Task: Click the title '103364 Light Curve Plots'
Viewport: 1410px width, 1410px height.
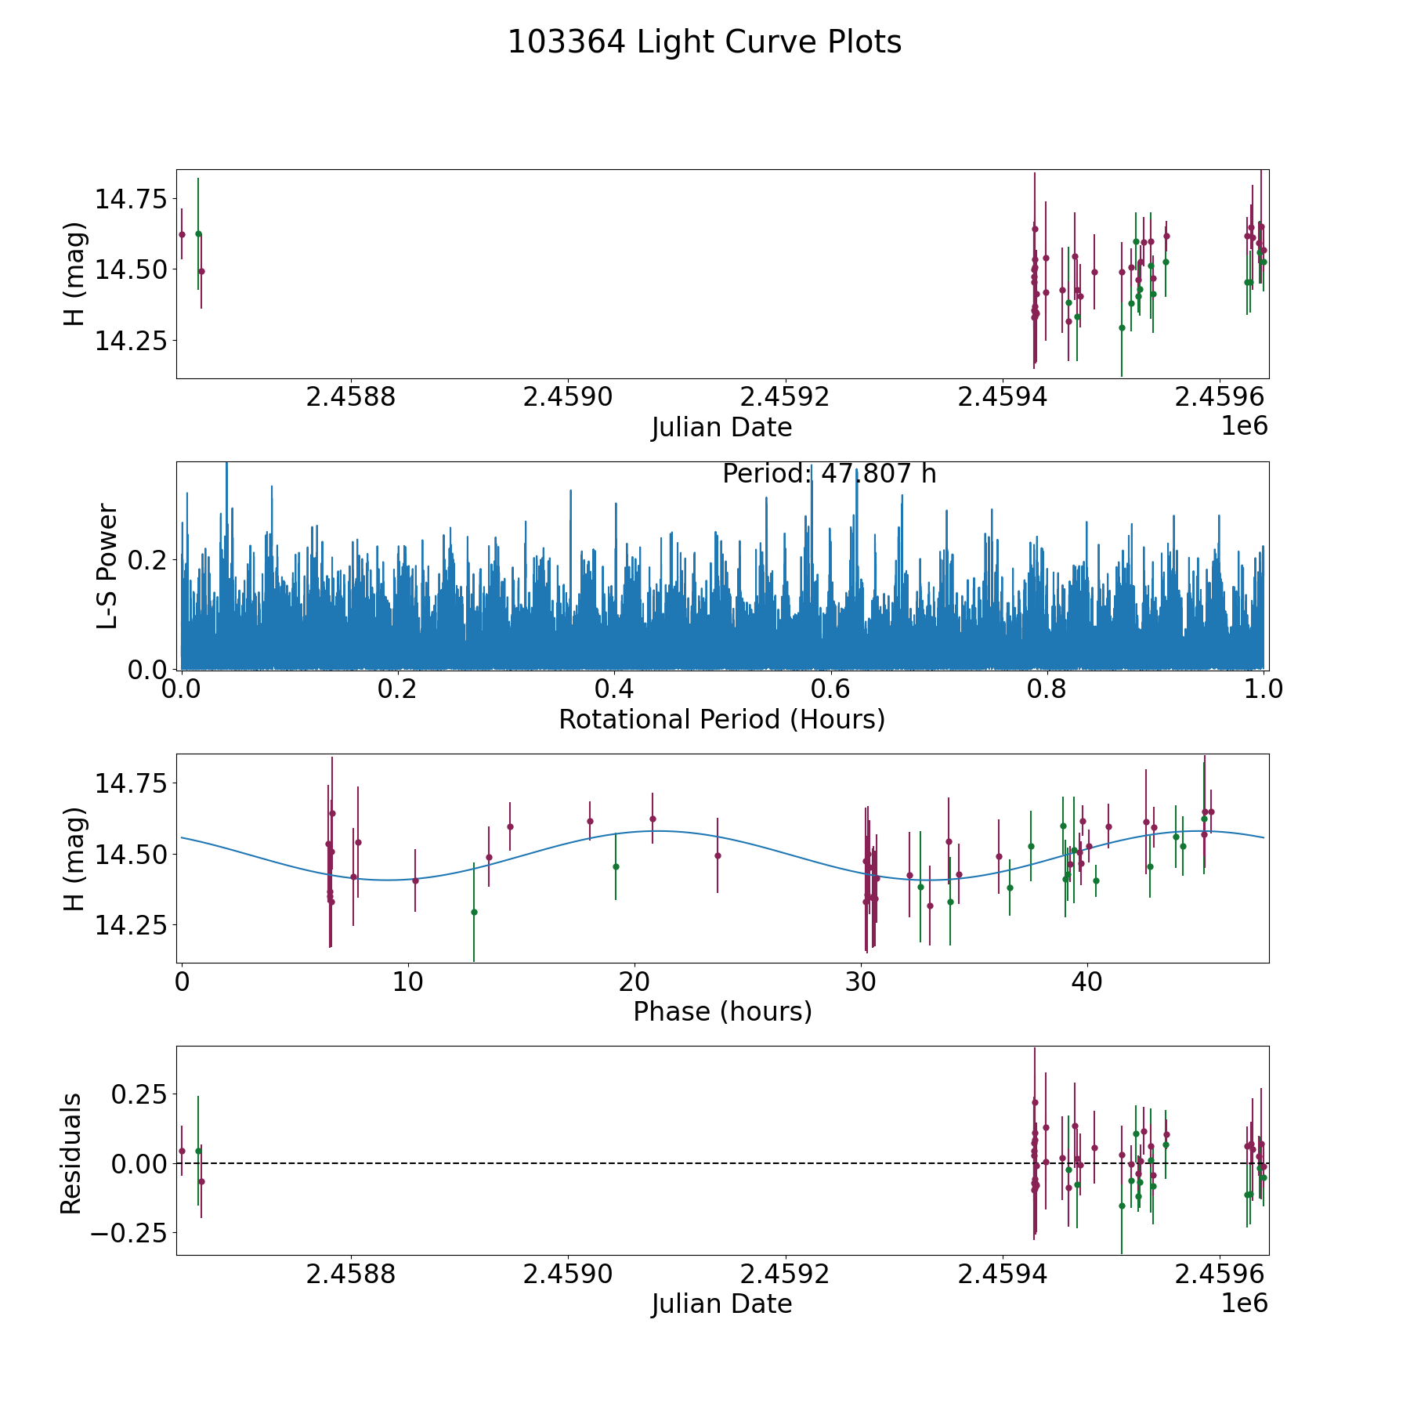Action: (x=704, y=42)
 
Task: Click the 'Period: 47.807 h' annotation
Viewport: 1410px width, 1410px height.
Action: (x=829, y=474)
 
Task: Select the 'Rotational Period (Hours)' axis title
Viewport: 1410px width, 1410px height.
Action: (x=721, y=719)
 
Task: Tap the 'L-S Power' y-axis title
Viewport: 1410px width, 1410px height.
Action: (x=107, y=566)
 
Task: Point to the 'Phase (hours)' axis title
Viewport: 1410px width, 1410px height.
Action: (x=722, y=1011)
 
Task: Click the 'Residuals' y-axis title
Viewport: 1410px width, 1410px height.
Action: (x=71, y=1154)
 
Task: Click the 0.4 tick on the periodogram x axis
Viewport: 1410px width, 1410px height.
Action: (x=614, y=689)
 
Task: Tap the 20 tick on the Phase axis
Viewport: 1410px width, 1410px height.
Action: (x=634, y=982)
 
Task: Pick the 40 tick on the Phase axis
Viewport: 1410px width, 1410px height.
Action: (x=1086, y=982)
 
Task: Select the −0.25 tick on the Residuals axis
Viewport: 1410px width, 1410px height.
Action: (x=128, y=1234)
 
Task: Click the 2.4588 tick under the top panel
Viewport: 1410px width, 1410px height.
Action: (x=351, y=397)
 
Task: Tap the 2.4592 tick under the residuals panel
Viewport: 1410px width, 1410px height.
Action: (x=785, y=1274)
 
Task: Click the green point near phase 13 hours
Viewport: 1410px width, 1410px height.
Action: (x=474, y=912)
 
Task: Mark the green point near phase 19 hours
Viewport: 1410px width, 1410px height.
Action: (x=616, y=866)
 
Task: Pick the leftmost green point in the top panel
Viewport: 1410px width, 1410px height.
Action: (x=198, y=233)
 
